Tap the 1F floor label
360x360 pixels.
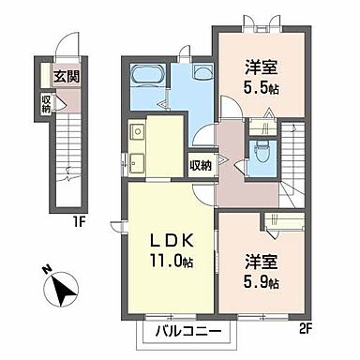click(x=66, y=223)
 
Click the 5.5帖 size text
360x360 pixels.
click(x=262, y=87)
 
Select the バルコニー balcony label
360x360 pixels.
click(x=183, y=331)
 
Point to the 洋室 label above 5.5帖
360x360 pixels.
click(x=262, y=67)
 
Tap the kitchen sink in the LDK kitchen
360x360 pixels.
click(x=137, y=159)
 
